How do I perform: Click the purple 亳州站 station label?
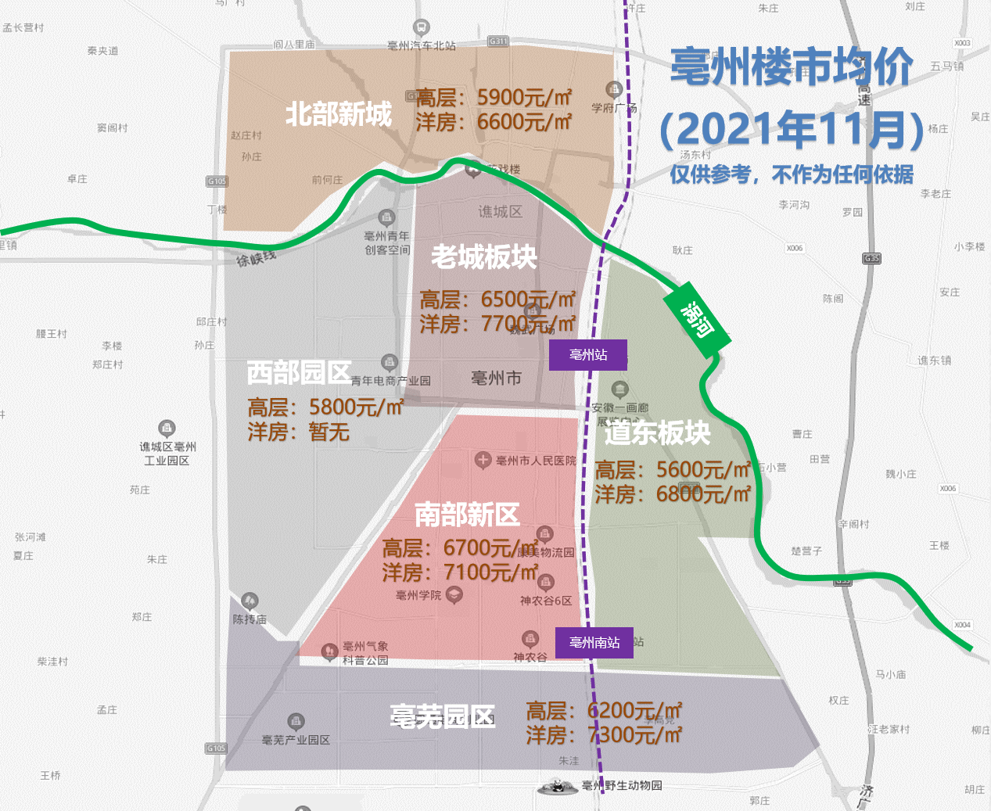coord(588,355)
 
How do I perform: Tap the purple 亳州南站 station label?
coord(594,643)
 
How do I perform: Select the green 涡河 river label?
coord(697,319)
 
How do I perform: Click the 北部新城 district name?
coord(338,114)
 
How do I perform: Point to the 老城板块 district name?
coord(483,257)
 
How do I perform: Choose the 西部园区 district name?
coord(299,372)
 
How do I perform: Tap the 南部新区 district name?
coord(467,515)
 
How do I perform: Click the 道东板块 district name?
coord(657,432)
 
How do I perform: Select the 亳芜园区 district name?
coord(443,716)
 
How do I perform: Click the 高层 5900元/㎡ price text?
coord(494,98)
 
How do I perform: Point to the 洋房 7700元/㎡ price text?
coord(497,324)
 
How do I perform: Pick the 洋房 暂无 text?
coord(298,432)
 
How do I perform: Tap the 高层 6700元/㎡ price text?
coord(460,548)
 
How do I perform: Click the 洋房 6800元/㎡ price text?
coord(673,494)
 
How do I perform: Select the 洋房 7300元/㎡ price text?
coord(604,735)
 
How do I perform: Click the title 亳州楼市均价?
coord(792,67)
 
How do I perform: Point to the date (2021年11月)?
coord(792,129)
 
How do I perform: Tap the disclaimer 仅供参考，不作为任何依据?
coord(792,174)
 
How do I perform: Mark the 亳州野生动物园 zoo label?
coord(622,785)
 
